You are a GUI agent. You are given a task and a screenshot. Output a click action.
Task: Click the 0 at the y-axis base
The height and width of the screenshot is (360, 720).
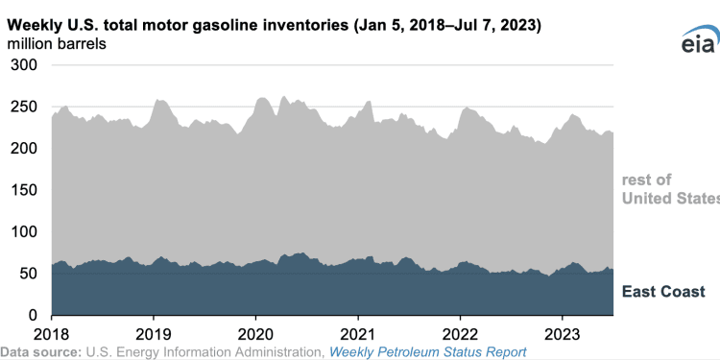tap(33, 315)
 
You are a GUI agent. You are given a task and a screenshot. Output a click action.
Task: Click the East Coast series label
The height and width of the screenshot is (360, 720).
tap(664, 291)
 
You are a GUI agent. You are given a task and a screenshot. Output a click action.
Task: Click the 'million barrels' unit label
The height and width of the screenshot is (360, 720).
tap(58, 44)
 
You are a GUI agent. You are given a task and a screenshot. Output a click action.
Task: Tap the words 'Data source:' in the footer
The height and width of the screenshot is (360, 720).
tap(42, 351)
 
